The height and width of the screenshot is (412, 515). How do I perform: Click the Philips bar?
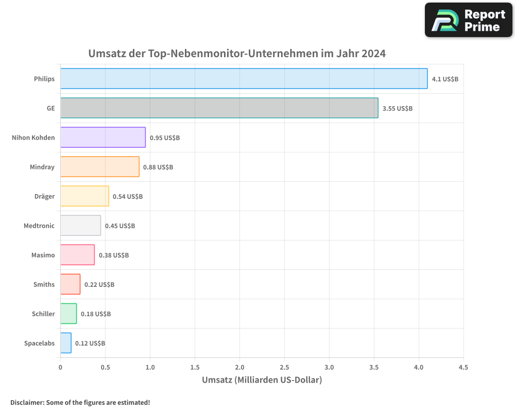point(244,79)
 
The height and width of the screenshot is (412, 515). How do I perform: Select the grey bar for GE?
point(219,108)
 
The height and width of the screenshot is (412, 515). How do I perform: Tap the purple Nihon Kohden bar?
point(103,138)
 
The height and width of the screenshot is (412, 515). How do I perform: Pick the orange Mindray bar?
point(99,167)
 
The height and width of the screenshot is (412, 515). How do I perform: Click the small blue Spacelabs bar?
point(66,343)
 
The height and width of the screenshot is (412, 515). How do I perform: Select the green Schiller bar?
point(68,314)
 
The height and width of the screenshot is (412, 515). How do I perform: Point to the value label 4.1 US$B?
point(445,79)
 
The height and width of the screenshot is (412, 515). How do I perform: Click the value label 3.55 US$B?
point(397,109)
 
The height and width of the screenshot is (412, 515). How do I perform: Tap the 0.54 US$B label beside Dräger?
point(128,197)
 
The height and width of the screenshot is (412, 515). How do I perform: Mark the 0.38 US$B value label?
point(114,255)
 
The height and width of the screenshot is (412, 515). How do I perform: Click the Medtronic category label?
point(39,226)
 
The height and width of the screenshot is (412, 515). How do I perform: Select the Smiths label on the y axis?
point(44,284)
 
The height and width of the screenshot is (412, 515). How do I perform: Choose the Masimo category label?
point(43,255)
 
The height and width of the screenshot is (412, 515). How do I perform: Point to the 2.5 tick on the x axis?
point(284,368)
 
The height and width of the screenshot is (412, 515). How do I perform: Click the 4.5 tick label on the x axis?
point(463,368)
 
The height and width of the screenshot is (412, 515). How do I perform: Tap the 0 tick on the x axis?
point(60,368)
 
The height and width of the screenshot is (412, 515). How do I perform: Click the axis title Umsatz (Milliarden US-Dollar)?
point(262,380)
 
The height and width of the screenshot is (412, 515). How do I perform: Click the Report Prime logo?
point(468,20)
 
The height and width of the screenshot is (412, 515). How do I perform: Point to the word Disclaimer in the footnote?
point(27,402)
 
